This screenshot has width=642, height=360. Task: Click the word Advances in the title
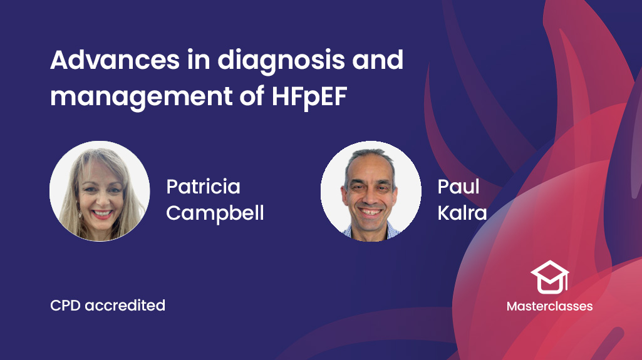115,59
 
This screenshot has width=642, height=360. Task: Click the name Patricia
203,187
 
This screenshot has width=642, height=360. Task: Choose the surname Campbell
215,213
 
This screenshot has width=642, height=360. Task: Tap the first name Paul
458,187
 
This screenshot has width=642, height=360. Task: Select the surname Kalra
462,213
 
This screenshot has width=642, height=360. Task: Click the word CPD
65,305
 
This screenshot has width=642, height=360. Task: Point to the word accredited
125,305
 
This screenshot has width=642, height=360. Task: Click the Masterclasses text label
549,306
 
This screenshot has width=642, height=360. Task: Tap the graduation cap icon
549,277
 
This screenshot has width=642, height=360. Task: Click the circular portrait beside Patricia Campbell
100,191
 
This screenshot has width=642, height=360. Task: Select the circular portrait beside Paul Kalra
371,191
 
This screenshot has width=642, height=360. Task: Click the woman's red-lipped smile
102,214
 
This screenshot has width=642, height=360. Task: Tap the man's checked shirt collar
371,232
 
